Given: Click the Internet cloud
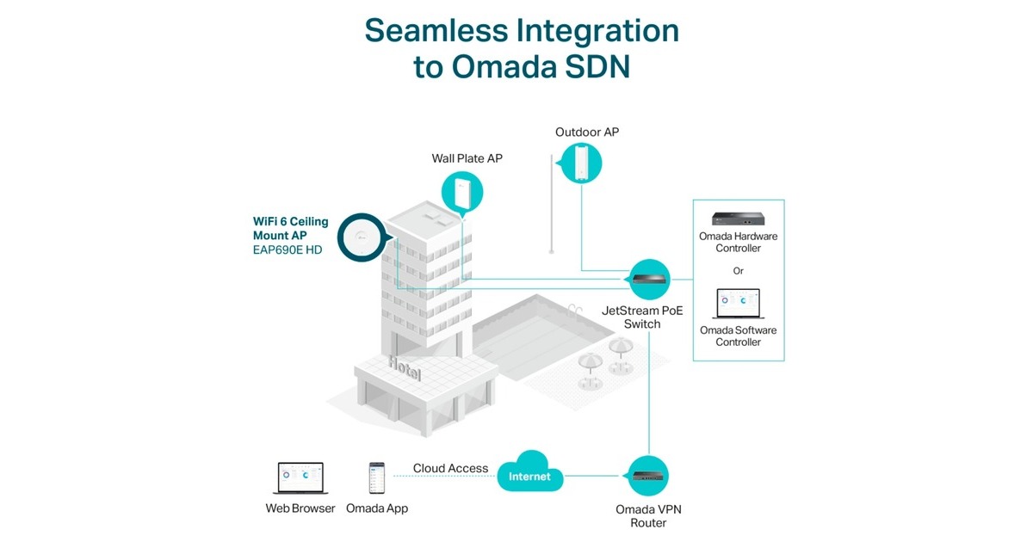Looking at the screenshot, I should click(x=529, y=475).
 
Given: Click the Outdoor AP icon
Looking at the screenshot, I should click(x=580, y=162).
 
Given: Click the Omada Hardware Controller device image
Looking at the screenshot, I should click(x=739, y=219).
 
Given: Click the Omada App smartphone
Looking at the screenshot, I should click(x=376, y=477).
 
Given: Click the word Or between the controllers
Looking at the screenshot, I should click(x=738, y=271).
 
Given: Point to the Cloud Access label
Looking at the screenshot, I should click(x=450, y=469).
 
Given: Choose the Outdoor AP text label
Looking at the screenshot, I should click(x=587, y=132).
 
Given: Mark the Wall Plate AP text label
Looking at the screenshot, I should click(x=467, y=158).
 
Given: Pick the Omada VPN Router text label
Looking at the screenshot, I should click(x=648, y=515).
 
